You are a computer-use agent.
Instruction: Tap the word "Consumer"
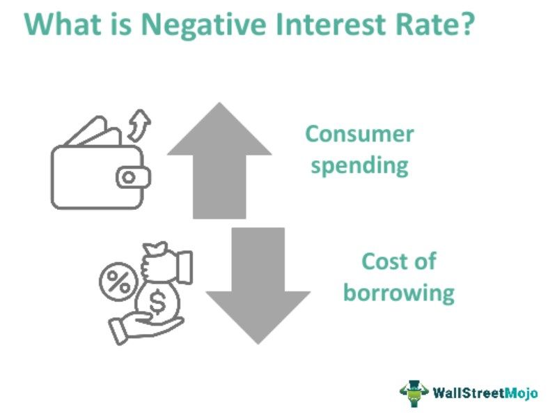pos(359,134)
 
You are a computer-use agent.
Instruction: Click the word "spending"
pos(359,167)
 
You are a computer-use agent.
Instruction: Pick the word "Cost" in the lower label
pos(385,261)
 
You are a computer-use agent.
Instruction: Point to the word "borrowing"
pos(398,293)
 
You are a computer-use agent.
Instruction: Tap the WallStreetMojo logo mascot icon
pos(414,393)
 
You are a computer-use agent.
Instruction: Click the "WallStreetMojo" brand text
pos(485,393)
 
